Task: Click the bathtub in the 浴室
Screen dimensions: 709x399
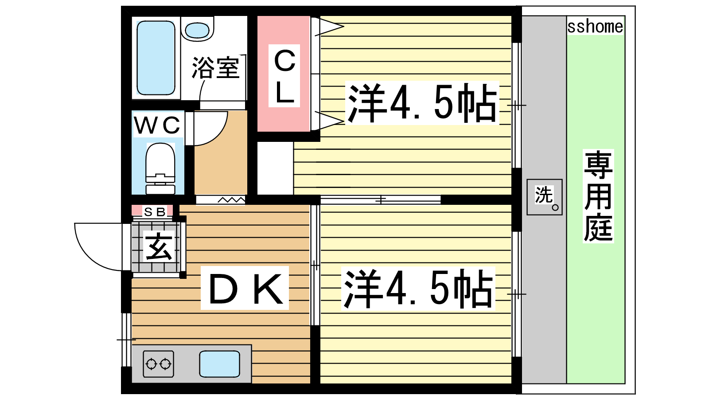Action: coord(156,58)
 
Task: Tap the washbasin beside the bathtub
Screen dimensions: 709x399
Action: coord(197,29)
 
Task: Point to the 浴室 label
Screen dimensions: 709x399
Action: coord(215,67)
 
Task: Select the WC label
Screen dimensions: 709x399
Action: coord(157,125)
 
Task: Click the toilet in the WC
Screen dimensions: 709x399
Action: coord(160,168)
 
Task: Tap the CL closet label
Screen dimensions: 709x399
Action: coord(284,76)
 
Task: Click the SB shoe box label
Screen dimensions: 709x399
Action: coord(155,211)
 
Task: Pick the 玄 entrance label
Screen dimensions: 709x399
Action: coord(159,246)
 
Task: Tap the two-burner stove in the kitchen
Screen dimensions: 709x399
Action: coord(158,364)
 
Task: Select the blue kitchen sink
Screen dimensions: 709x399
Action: coord(219,364)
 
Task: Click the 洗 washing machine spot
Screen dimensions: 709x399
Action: coord(545,197)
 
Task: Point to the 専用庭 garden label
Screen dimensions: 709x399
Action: coord(598,196)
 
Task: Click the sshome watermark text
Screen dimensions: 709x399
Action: coord(595,27)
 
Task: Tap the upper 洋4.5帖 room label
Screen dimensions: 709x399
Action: coord(422,103)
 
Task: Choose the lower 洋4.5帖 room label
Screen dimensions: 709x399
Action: coord(418,289)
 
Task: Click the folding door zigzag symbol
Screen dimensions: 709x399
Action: coord(231,200)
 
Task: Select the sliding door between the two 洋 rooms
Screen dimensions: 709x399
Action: coord(381,199)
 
